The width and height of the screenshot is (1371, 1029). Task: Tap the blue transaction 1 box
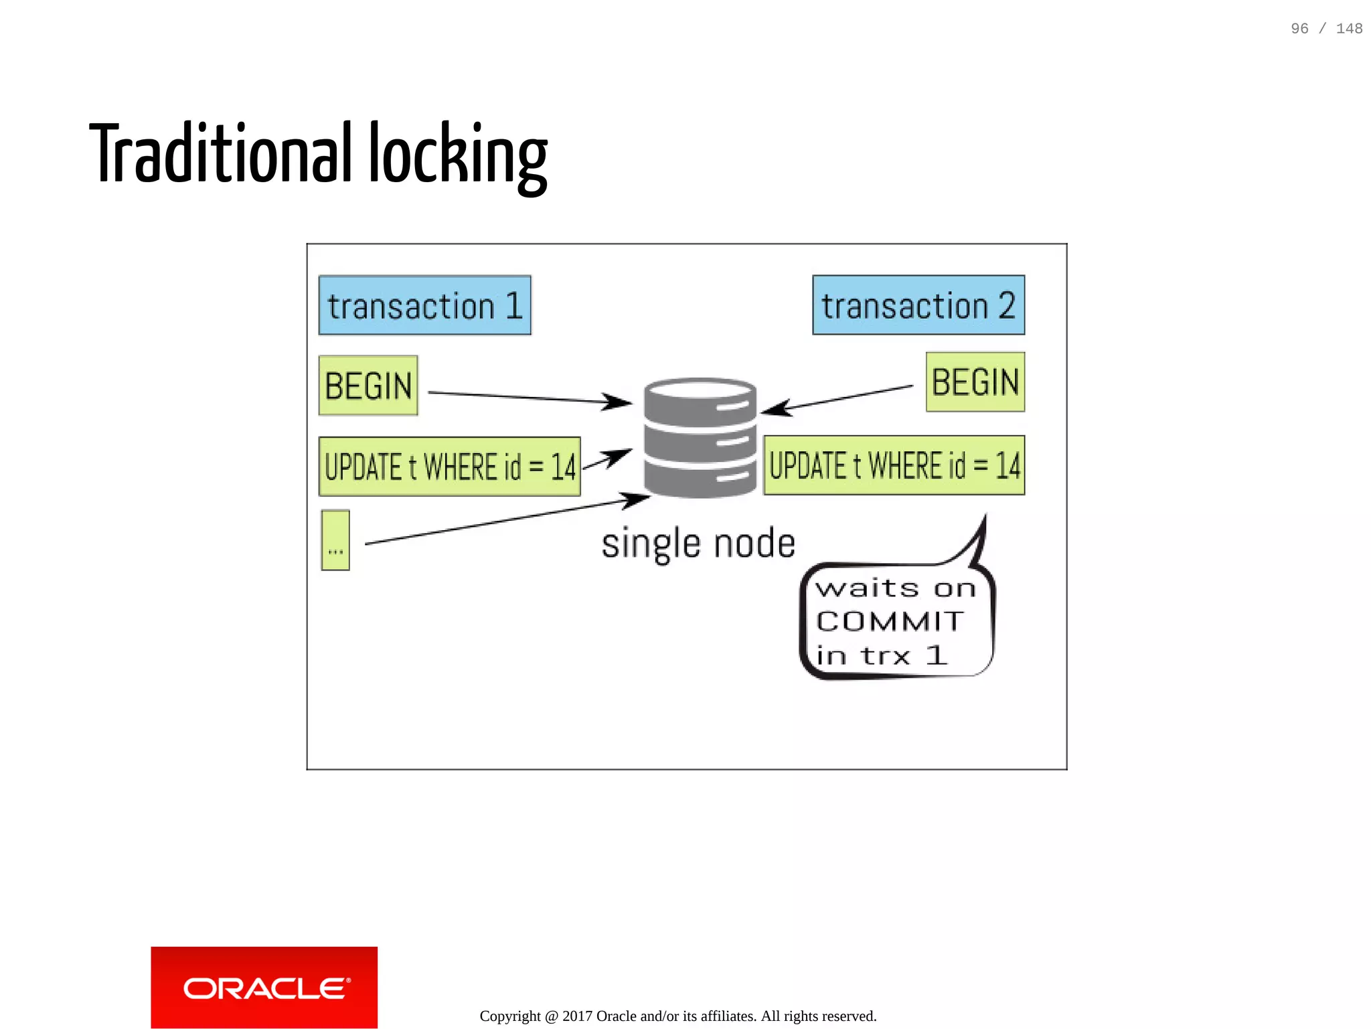[x=424, y=305]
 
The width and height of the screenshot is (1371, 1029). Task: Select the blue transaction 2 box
[x=918, y=305]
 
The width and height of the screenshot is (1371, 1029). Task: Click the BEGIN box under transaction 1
[x=368, y=386]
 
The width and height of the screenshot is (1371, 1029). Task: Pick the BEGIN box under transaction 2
[x=975, y=382]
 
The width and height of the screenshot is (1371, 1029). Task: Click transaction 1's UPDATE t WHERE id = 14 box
[x=449, y=467]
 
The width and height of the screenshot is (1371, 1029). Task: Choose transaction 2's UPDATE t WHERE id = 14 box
[x=894, y=465]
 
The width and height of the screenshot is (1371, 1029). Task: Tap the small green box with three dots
[x=335, y=540]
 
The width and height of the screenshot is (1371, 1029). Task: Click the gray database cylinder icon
[x=700, y=438]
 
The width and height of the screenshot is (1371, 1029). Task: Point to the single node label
[x=698, y=543]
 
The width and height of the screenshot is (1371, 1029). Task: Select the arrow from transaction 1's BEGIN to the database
[x=529, y=398]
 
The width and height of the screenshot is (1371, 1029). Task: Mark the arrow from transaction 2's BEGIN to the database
[x=837, y=399]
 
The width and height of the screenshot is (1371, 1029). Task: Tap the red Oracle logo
[x=264, y=987]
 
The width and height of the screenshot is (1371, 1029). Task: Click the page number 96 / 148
[x=1326, y=29]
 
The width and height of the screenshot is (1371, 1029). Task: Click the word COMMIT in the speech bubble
[x=890, y=621]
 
